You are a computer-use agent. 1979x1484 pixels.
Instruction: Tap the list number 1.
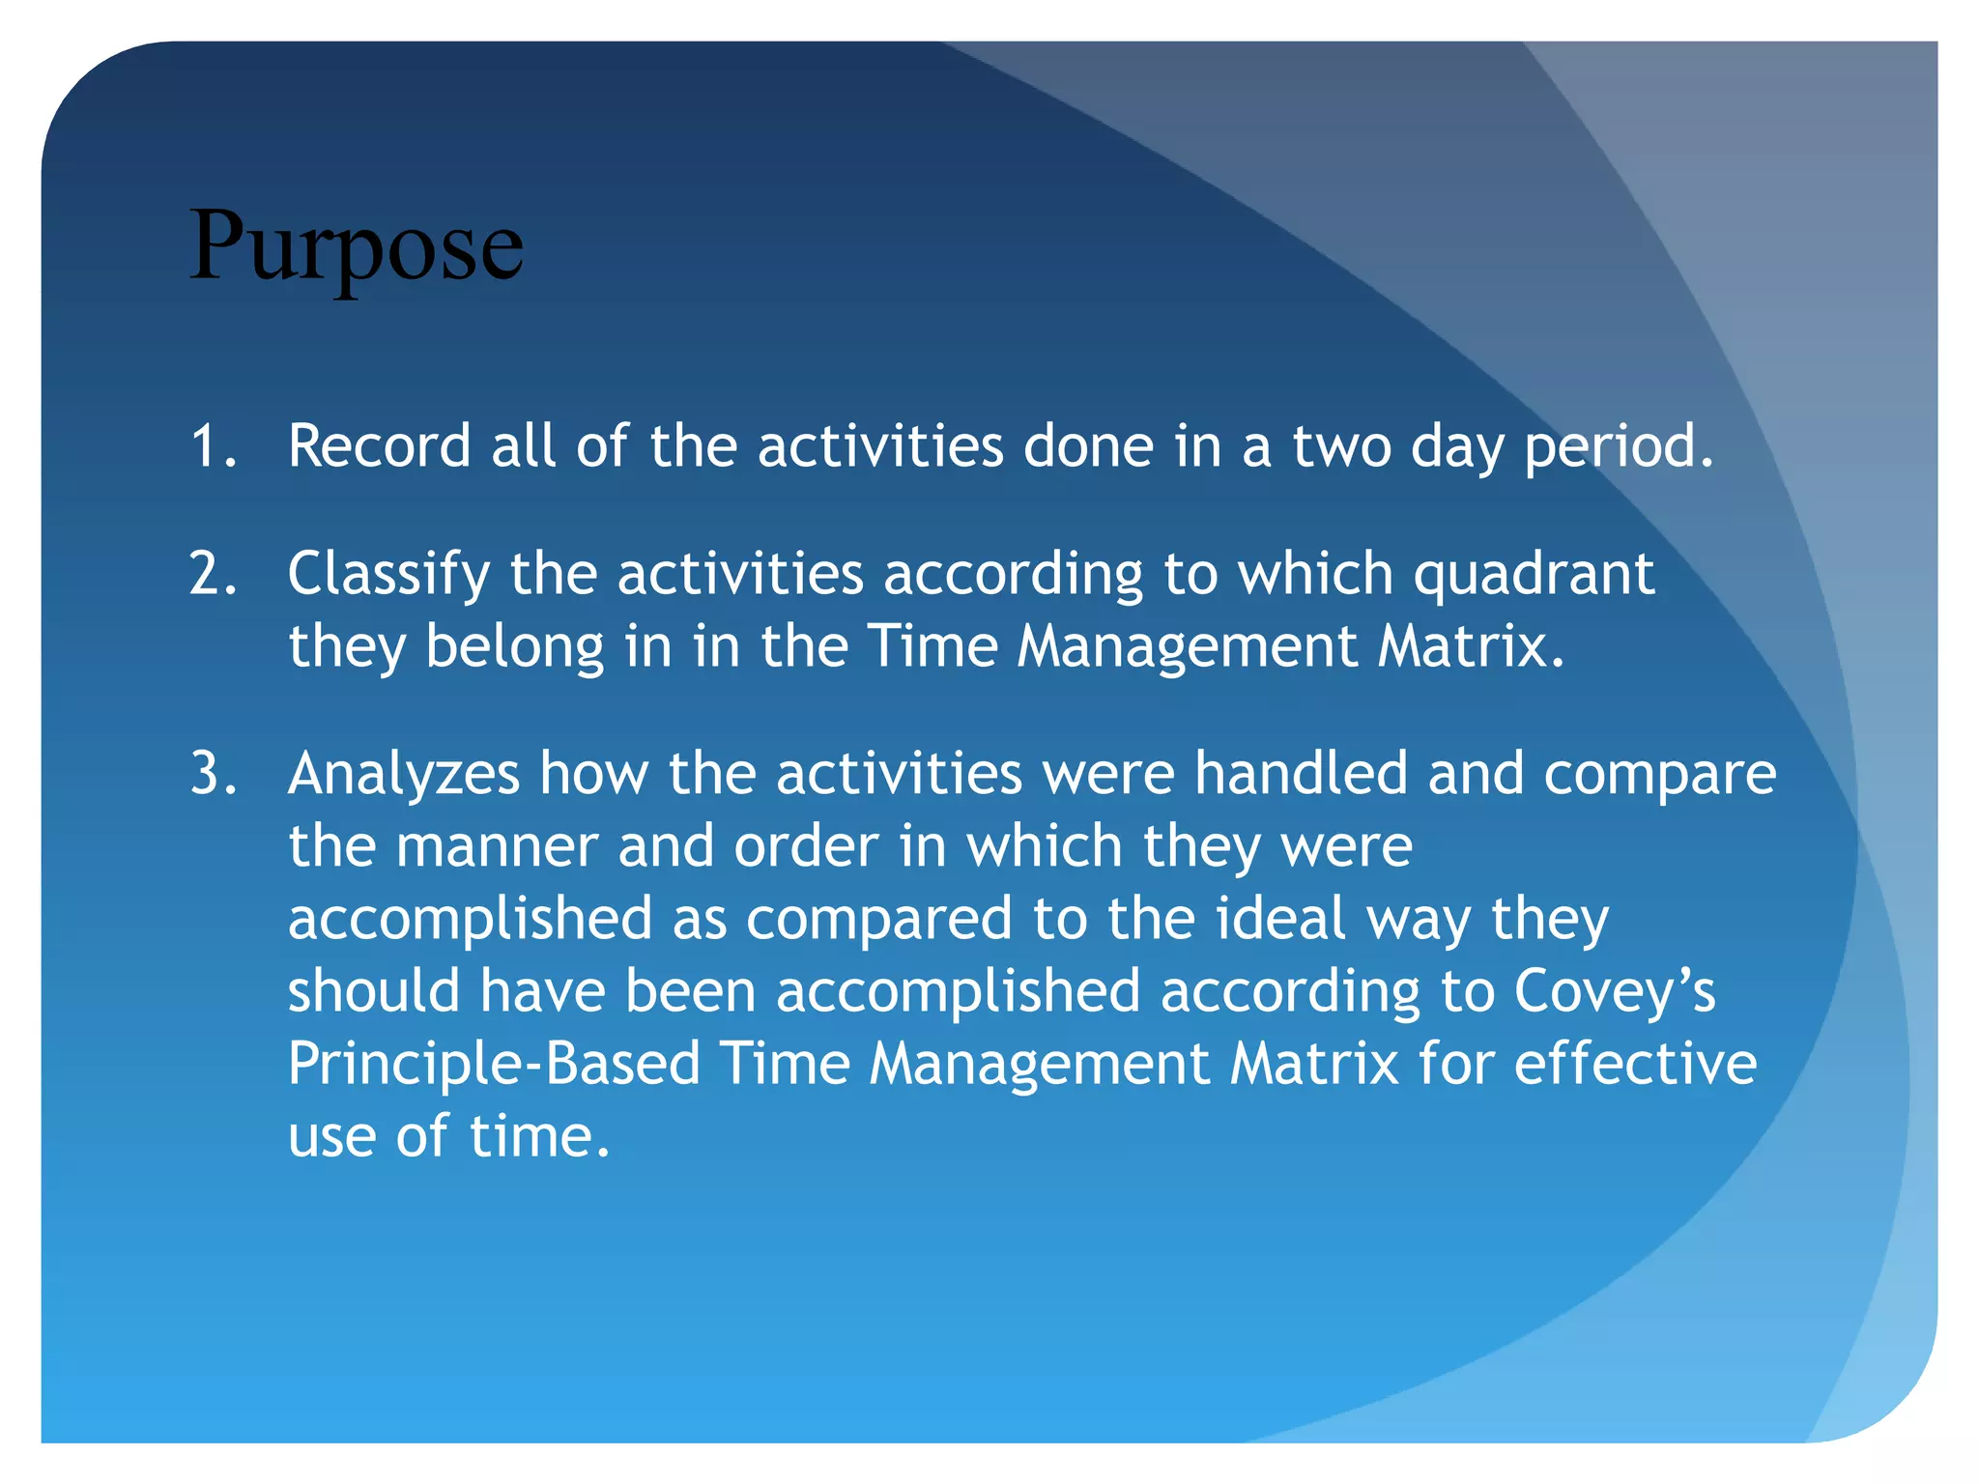pyautogui.click(x=213, y=446)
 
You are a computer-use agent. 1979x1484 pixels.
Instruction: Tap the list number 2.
pyautogui.click(x=213, y=574)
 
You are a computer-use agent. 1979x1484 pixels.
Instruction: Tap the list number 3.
pyautogui.click(x=213, y=774)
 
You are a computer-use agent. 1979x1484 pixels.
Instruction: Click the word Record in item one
pyautogui.click(x=379, y=446)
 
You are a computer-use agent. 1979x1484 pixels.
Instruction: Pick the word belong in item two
pyautogui.click(x=515, y=647)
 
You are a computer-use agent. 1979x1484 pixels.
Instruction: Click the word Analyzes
pyautogui.click(x=403, y=775)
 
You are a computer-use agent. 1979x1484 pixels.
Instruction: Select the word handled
pyautogui.click(x=1301, y=774)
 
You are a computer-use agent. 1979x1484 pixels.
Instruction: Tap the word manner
pyautogui.click(x=497, y=847)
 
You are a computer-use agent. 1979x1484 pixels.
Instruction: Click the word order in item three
pyautogui.click(x=806, y=847)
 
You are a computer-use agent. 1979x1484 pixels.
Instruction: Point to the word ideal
pyautogui.click(x=1280, y=918)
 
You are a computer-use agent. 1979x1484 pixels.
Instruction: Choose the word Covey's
pyautogui.click(x=1614, y=991)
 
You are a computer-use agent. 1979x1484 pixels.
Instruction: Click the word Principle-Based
pyautogui.click(x=494, y=1065)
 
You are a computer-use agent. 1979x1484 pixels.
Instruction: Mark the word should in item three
pyautogui.click(x=374, y=991)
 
